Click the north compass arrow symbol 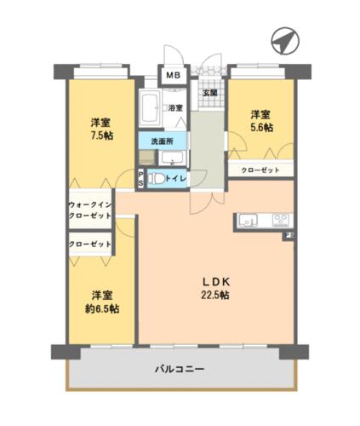pos(285,41)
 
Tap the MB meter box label pos(173,76)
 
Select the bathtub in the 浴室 pos(150,107)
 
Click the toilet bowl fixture pos(157,179)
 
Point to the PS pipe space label pos(141,179)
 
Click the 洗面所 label pos(163,141)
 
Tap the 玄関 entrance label pos(210,93)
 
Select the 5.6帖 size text pos(261,128)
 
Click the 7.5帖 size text pos(101,135)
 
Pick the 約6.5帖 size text pos(102,308)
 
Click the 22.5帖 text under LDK pos(215,296)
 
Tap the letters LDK pos(215,282)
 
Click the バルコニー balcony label pos(180,369)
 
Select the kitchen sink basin pos(249,220)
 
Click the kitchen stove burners pos(281,220)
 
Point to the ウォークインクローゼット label pos(90,210)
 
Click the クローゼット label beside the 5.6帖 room pos(260,170)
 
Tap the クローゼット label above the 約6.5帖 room pos(90,245)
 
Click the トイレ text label pos(176,179)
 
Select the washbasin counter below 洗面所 pos(173,158)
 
